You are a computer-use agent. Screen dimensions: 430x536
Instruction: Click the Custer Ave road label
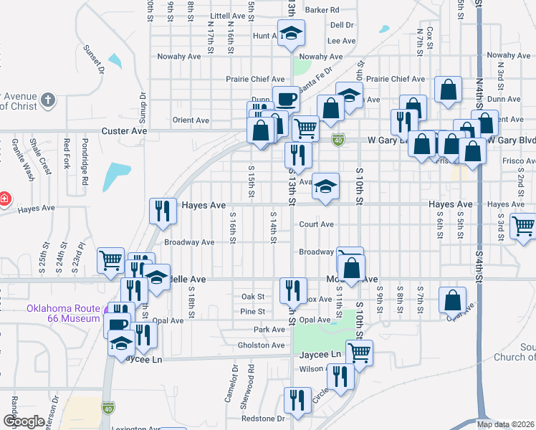(124, 131)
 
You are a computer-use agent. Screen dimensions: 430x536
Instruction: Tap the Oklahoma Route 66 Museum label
(63, 313)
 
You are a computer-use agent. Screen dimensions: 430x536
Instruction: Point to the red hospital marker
(4, 197)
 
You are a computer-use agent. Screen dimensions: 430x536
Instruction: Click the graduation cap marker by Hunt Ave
(291, 34)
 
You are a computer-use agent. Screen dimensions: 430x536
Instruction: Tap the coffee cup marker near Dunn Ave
(286, 98)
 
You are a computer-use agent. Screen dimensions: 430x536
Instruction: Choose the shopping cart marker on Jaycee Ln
(359, 352)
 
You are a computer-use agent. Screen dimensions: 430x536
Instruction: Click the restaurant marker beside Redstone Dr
(296, 399)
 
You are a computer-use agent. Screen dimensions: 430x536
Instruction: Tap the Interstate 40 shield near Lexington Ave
(107, 407)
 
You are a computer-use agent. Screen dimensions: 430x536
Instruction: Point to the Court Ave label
(317, 224)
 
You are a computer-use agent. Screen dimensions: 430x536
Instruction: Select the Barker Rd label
(321, 10)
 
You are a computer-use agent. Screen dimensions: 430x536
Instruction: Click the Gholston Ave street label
(262, 345)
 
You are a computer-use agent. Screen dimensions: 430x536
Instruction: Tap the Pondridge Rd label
(84, 162)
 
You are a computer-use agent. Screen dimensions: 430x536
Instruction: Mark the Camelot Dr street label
(234, 386)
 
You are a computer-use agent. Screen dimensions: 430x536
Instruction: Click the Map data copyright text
(505, 424)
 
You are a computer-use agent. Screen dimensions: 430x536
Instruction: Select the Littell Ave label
(229, 15)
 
